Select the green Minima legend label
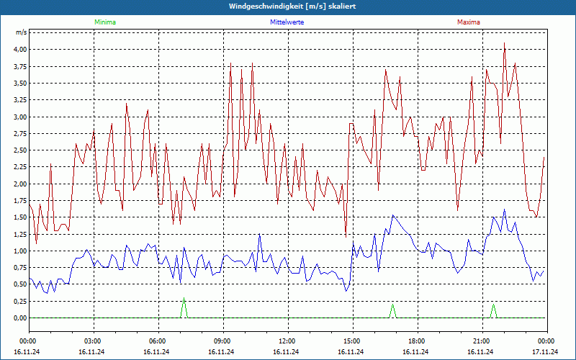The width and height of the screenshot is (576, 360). click(104, 22)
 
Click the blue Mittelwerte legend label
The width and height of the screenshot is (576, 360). click(287, 22)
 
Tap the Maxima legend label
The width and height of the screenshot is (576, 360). click(469, 22)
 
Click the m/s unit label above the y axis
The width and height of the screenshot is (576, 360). click(22, 33)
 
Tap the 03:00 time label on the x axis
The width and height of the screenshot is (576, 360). click(91, 341)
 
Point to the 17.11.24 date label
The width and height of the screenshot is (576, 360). click(545, 352)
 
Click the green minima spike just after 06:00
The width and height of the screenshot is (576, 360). click(184, 300)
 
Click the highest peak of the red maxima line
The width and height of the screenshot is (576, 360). click(504, 43)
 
